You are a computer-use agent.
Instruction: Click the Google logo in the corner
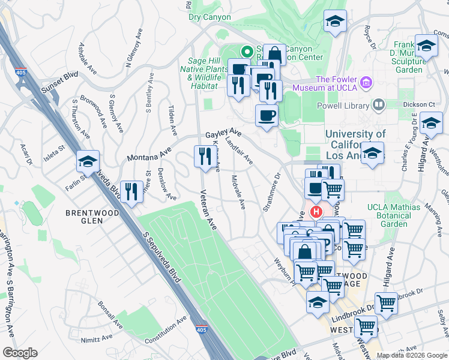20,353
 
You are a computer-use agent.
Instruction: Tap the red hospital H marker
316,212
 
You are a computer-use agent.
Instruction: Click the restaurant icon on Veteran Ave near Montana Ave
203,157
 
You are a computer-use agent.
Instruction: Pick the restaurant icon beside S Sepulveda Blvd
130,191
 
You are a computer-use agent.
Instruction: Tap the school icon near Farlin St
88,161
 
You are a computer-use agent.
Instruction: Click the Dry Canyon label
209,17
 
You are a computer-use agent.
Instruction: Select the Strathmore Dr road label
271,193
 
